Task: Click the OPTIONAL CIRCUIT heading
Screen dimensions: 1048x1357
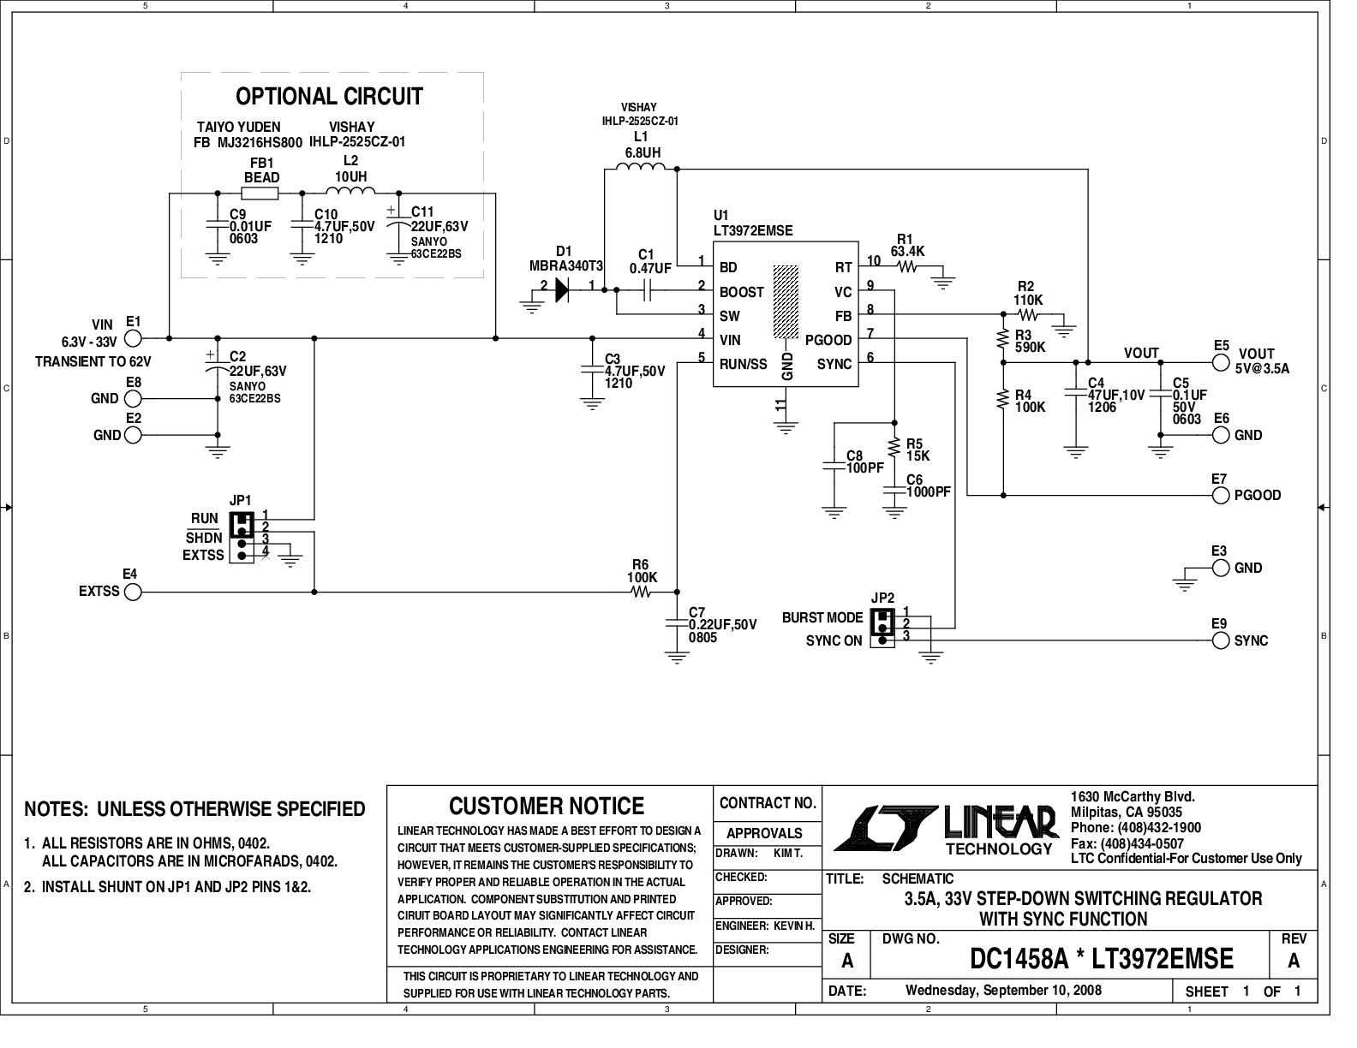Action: click(329, 96)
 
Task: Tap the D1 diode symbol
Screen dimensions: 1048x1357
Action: click(562, 291)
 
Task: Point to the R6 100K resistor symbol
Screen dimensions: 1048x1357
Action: click(641, 592)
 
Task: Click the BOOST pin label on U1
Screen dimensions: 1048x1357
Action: click(741, 292)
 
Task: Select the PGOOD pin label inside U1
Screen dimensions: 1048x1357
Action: click(828, 340)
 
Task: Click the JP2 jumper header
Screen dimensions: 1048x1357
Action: click(882, 628)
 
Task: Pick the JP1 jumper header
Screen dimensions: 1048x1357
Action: click(242, 538)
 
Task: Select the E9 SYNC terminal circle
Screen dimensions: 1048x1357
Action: click(1222, 640)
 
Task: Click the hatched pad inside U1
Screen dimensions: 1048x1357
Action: click(786, 305)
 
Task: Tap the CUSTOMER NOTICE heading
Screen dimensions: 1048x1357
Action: click(547, 806)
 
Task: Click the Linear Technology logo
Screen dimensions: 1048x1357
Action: click(947, 827)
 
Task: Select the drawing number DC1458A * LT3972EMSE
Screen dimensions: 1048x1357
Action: click(1102, 959)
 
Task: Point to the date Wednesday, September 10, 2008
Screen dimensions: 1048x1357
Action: click(1003, 991)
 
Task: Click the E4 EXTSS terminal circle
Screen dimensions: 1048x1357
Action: click(133, 592)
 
